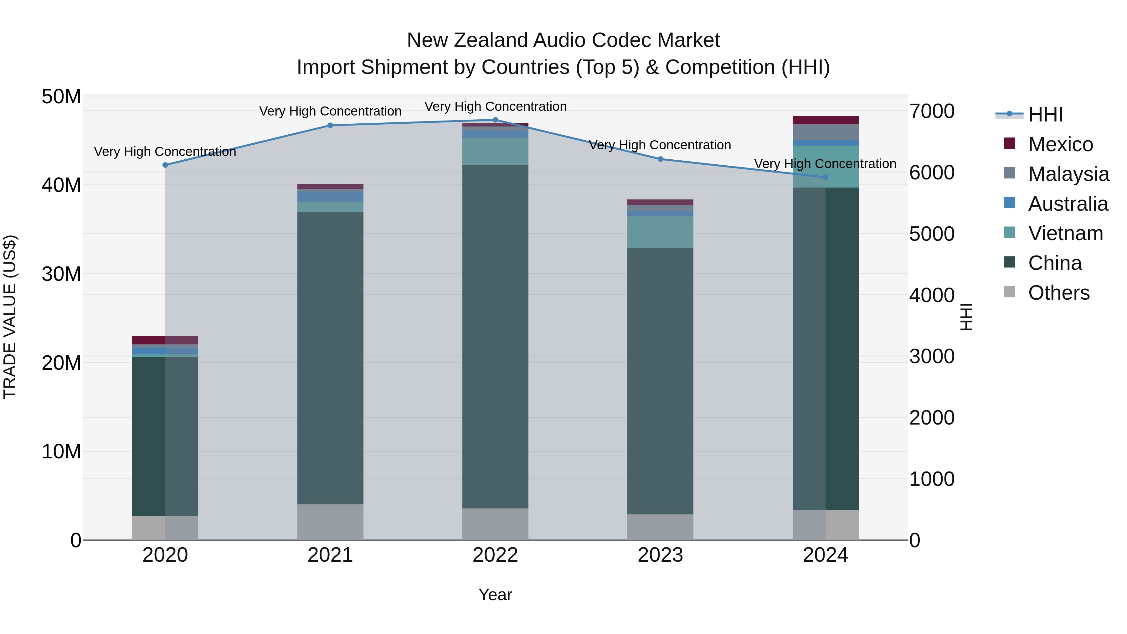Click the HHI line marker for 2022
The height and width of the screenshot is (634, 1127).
coord(495,120)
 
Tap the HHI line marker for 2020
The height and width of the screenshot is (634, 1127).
coord(165,165)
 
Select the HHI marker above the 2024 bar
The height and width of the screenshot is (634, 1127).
coord(826,177)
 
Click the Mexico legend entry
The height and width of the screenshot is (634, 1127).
coord(1061,144)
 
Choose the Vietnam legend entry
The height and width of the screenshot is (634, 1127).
coord(1065,233)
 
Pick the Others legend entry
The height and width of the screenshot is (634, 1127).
coord(1059,293)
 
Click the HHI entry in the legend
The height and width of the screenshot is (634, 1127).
coord(1045,115)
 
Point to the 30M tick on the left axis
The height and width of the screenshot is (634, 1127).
coord(61,274)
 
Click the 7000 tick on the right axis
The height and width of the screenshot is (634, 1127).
coord(932,111)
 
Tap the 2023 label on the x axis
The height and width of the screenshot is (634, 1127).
coord(660,555)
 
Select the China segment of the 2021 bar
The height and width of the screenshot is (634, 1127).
coord(330,359)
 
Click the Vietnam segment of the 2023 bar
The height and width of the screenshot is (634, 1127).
coord(660,232)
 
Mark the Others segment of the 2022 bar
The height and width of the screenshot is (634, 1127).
coord(495,524)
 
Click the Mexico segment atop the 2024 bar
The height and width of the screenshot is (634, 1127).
coord(826,120)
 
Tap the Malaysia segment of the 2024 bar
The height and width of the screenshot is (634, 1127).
coord(826,132)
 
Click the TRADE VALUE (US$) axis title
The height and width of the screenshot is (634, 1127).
coord(10,317)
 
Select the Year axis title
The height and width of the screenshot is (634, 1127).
coord(495,595)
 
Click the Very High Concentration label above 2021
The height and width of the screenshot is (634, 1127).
coord(330,111)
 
